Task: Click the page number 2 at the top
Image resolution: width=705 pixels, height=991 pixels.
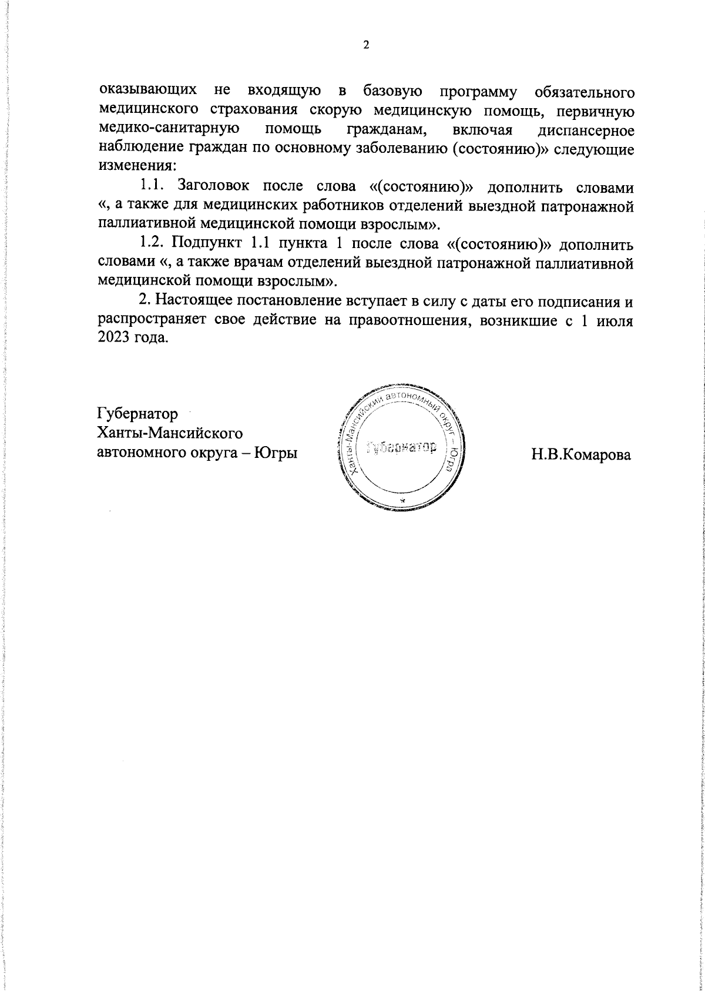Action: point(365,46)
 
